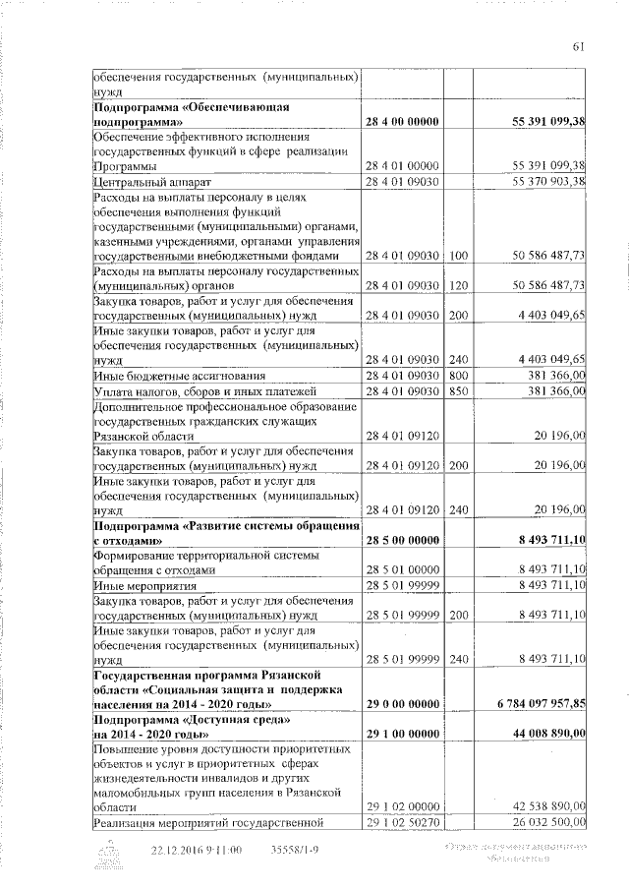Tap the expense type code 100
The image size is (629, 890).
[x=459, y=256]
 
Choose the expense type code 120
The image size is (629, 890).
[x=459, y=285]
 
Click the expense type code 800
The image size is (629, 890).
[x=459, y=375]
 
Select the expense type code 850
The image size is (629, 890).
[x=459, y=390]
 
